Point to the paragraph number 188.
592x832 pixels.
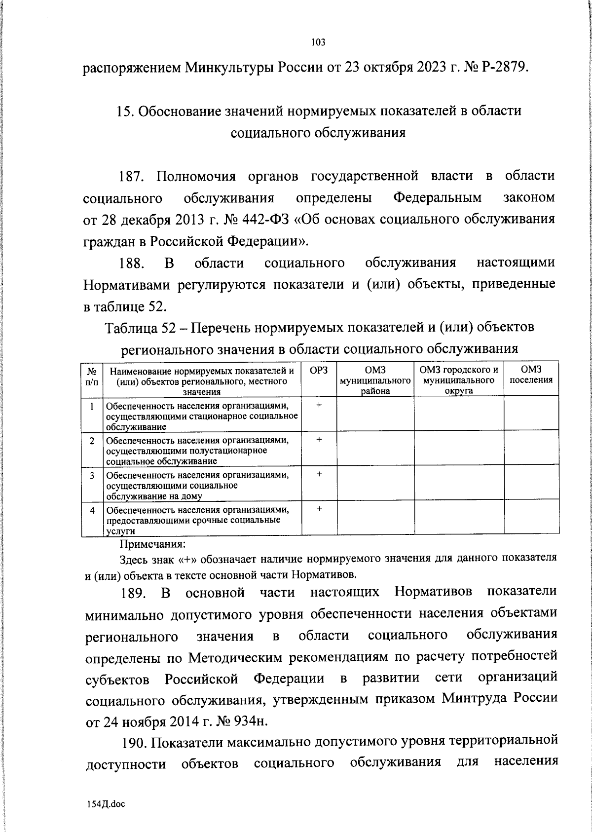click(x=131, y=263)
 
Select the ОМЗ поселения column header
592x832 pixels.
click(x=531, y=375)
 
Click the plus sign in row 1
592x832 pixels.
click(x=319, y=405)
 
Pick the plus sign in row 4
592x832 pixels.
click(x=319, y=509)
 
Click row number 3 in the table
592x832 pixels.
click(x=92, y=475)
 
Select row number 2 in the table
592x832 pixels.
click(x=92, y=440)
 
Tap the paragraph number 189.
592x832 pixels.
click(x=133, y=593)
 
